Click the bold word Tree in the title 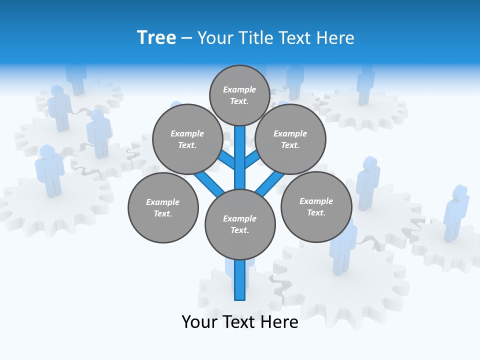click(156, 37)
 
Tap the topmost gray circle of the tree click(239, 95)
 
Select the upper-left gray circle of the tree click(187, 139)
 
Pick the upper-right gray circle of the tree click(290, 139)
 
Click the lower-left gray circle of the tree click(163, 207)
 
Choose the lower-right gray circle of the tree click(316, 206)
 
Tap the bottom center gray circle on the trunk click(240, 224)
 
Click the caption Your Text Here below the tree click(240, 322)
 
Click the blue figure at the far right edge click(456, 212)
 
